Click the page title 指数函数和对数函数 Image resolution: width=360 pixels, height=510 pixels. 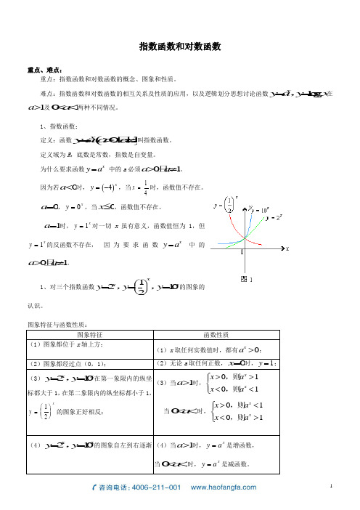click(x=179, y=46)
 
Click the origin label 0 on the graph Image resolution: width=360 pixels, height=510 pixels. click(x=243, y=252)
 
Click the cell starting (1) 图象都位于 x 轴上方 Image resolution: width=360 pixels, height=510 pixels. click(x=66, y=344)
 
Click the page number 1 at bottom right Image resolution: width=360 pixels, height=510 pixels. click(x=331, y=483)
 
